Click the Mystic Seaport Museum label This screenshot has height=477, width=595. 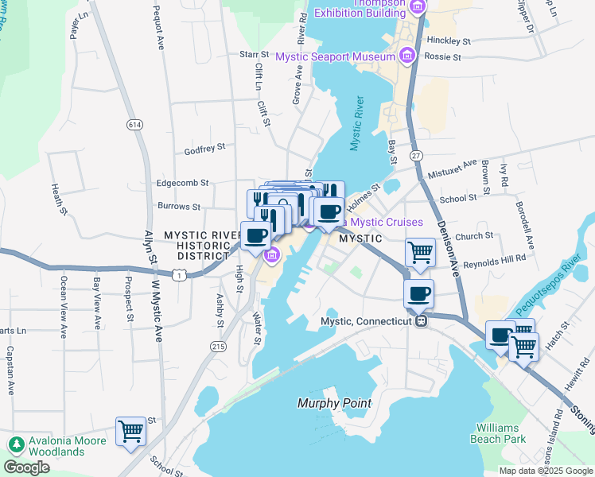[335, 56]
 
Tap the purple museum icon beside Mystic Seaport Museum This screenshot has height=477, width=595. [407, 56]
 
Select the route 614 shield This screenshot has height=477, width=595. [133, 125]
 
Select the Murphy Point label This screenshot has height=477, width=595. [334, 403]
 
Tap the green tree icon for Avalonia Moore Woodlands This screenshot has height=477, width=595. [15, 443]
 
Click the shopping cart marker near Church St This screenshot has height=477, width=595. [419, 254]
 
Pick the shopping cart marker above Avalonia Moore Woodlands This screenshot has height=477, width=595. [130, 432]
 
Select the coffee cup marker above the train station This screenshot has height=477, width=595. [419, 294]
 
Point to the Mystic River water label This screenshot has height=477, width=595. [357, 123]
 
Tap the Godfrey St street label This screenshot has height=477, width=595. [205, 147]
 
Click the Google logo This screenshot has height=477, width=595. [27, 467]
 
